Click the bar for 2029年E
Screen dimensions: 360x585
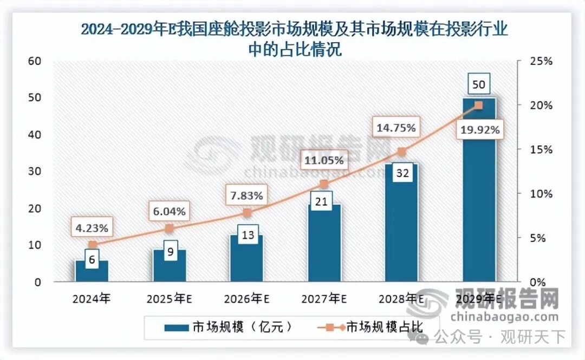pyautogui.click(x=479, y=195)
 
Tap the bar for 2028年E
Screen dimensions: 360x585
pyautogui.click(x=401, y=227)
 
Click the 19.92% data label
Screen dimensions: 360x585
pyautogui.click(x=479, y=129)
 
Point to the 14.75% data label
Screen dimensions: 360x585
pyautogui.click(x=396, y=128)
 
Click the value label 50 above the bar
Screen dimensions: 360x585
pyautogui.click(x=479, y=85)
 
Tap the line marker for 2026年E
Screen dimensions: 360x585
pyautogui.click(x=246, y=213)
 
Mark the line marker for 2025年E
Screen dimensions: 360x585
pyautogui.click(x=169, y=228)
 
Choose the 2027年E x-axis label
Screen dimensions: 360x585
pyautogui.click(x=324, y=298)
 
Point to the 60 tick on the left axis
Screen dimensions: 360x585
pyautogui.click(x=35, y=61)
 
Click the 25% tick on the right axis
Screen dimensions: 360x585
pyautogui.click(x=541, y=61)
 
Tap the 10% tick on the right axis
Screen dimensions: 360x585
pyautogui.click(x=541, y=193)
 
